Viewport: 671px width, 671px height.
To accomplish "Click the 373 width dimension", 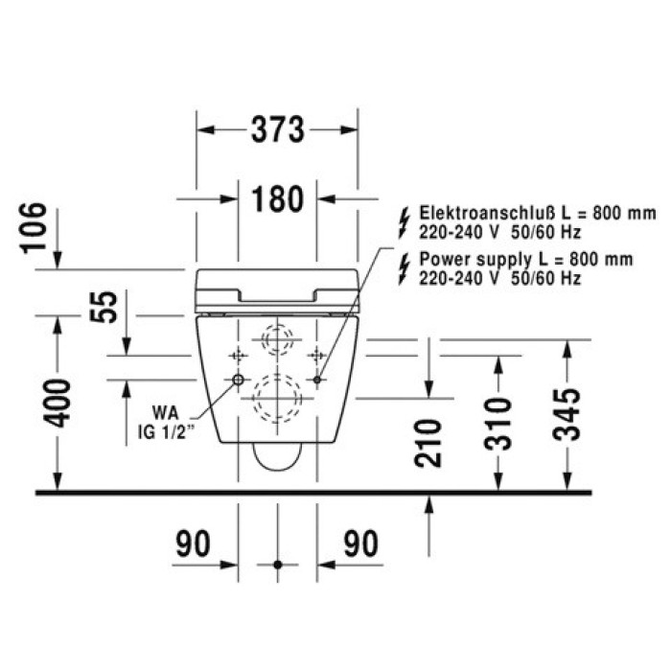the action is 278,129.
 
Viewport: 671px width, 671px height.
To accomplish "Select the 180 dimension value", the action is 278,199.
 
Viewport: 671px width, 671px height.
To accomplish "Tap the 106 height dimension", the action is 34,227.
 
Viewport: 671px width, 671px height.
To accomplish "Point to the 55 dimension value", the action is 104,307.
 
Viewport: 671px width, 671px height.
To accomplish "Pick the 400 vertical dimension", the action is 58,403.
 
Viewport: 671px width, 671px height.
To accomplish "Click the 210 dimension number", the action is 428,443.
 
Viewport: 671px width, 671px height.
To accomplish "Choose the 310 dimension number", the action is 497,424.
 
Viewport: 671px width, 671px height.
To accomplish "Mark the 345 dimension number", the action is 567,414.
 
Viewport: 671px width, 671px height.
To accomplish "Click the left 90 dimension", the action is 193,544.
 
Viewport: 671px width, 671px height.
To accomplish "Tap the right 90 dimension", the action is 361,544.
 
